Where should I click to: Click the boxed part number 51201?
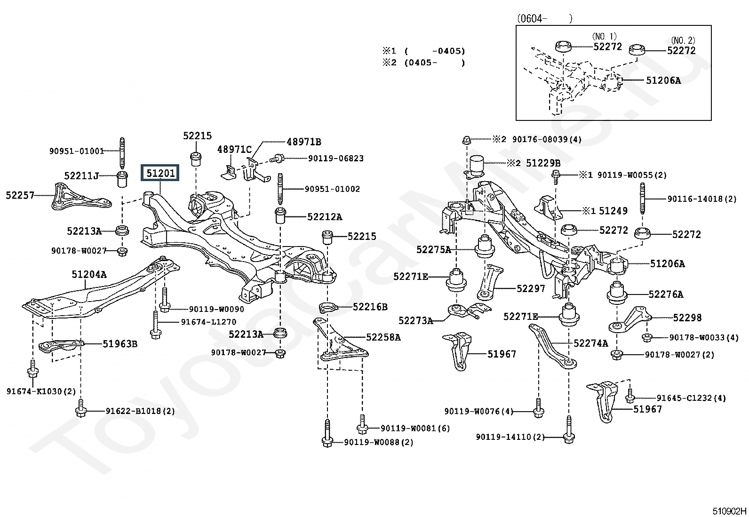tap(160, 173)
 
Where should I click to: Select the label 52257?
tap(20, 195)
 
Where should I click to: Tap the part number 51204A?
tap(89, 274)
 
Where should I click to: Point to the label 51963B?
tap(120, 344)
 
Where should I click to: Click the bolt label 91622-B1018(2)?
tap(140, 411)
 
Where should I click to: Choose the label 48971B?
tap(304, 142)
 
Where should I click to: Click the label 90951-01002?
tap(332, 189)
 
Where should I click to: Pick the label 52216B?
tap(370, 307)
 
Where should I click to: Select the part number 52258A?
tap(383, 337)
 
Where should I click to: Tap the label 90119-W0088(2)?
tap(378, 442)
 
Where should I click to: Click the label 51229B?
tap(543, 163)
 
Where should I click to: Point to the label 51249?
tap(613, 211)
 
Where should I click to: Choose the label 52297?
tap(530, 288)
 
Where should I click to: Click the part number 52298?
tap(687, 318)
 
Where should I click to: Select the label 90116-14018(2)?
tap(701, 199)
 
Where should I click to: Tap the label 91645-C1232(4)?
tap(691, 398)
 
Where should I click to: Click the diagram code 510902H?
tap(729, 511)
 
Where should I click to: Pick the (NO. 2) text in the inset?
tap(683, 40)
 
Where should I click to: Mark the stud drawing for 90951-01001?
tap(122, 154)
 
